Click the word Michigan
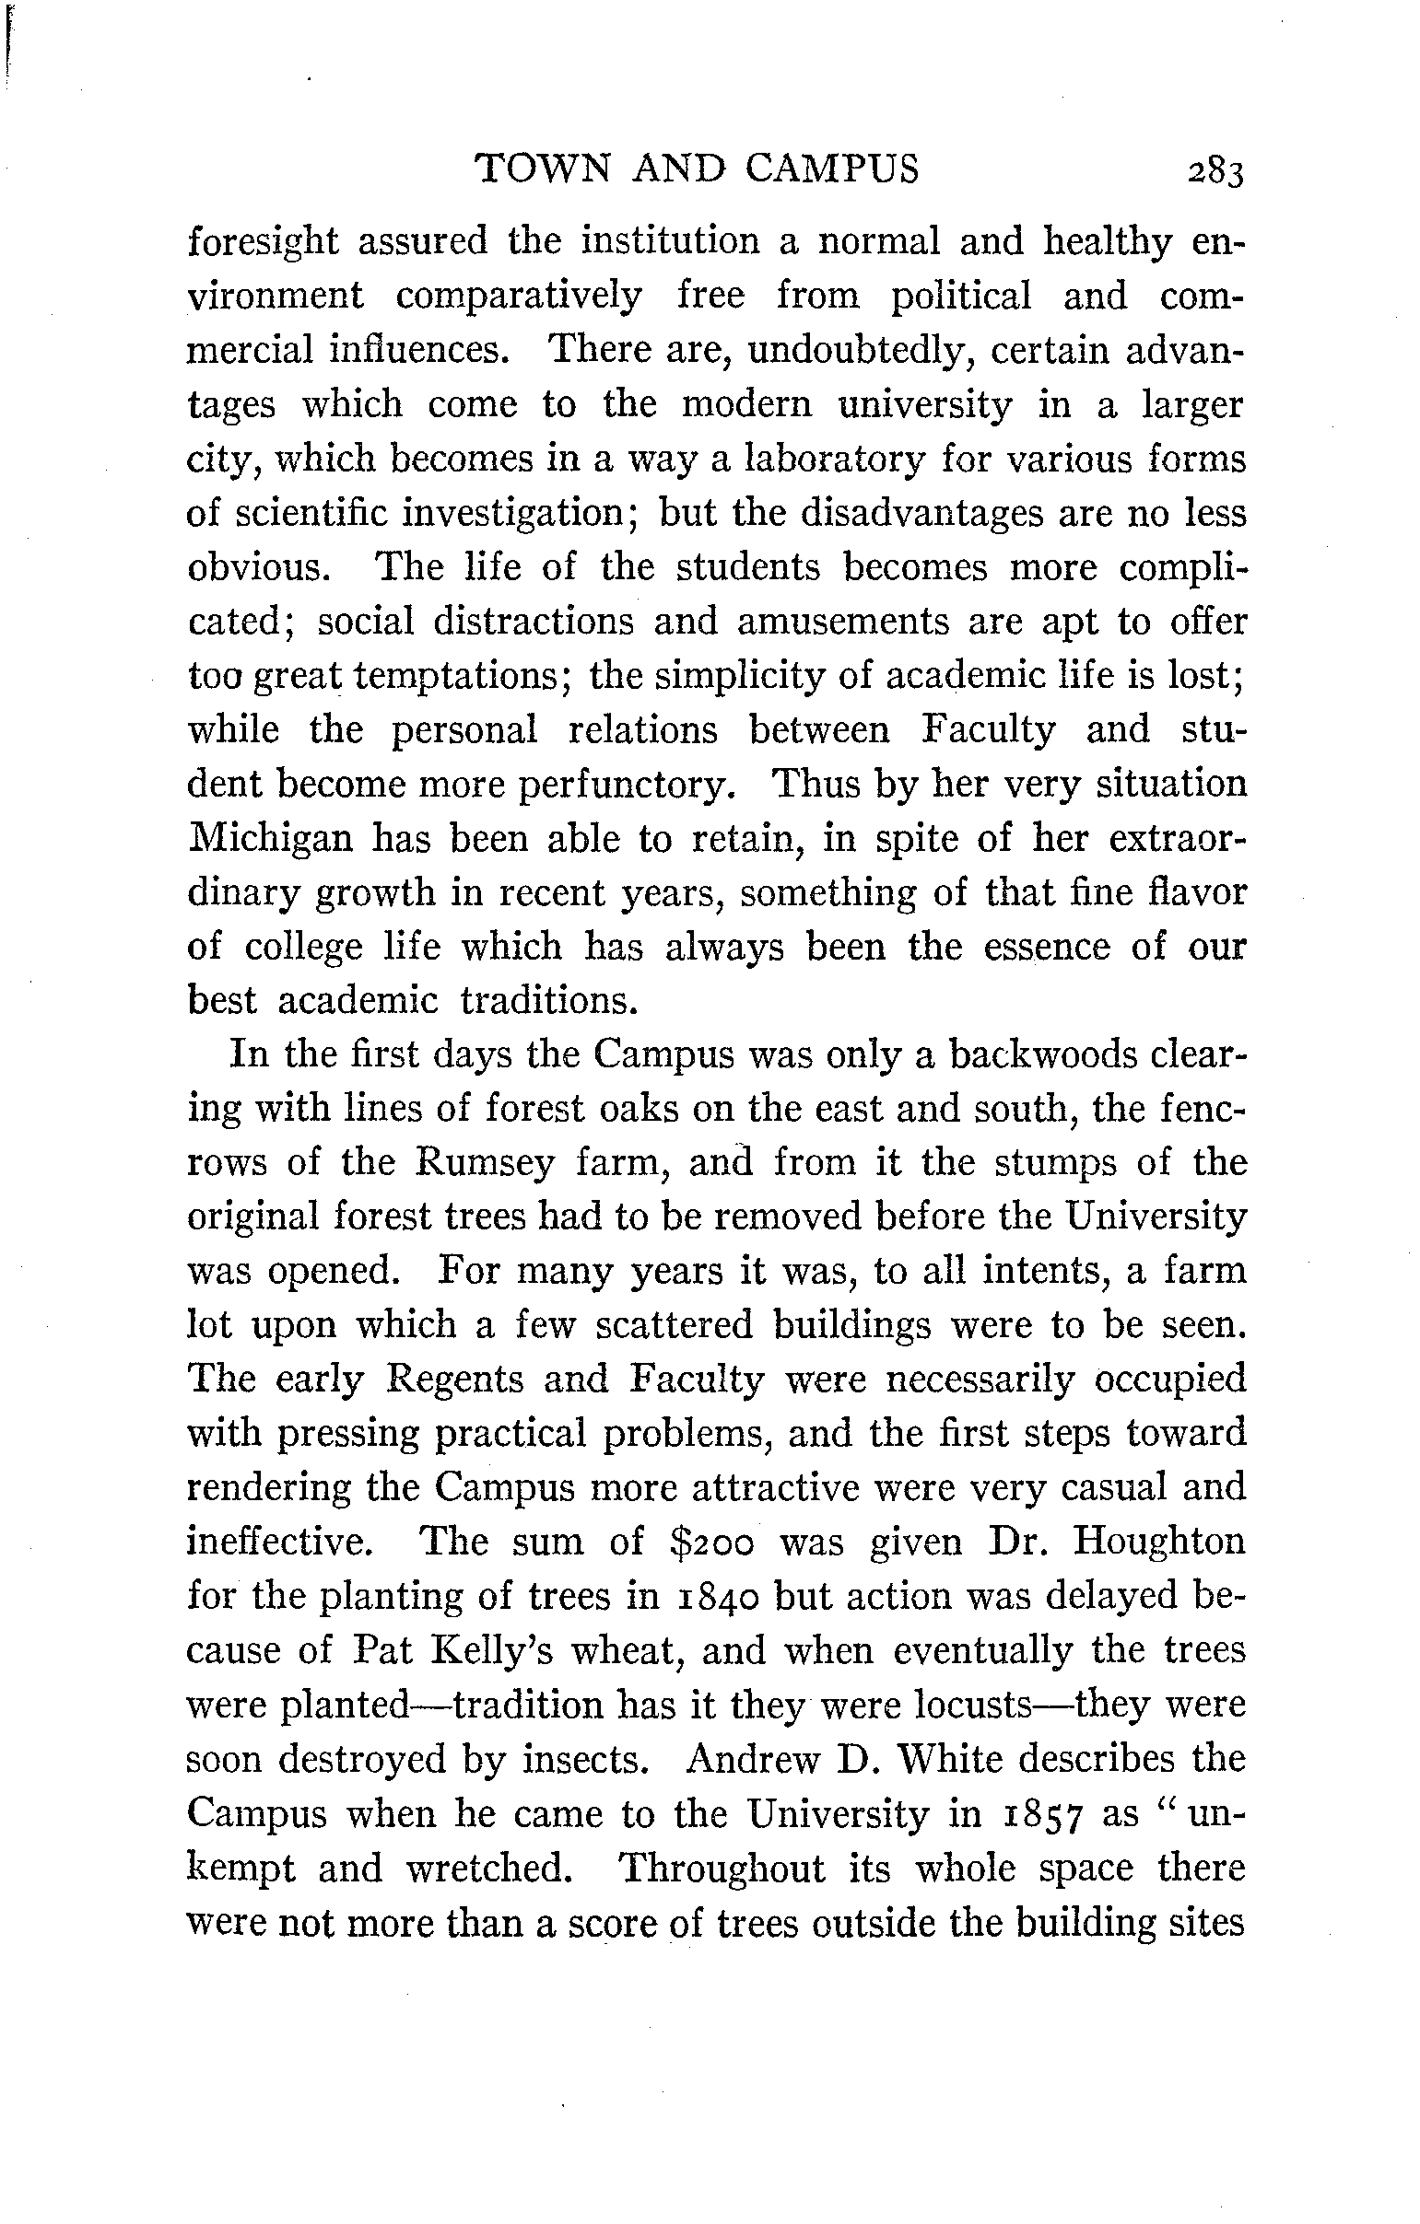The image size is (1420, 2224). (x=271, y=840)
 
